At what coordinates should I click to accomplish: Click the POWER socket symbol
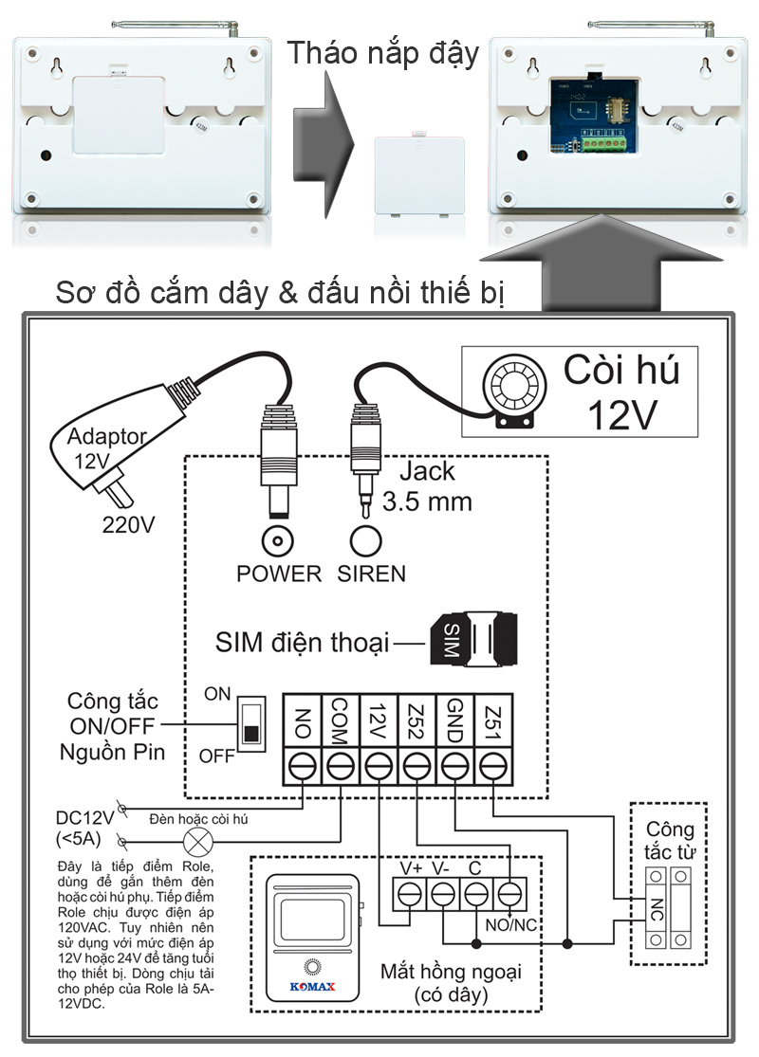tap(277, 541)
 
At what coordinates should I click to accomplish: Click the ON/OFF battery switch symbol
tap(251, 723)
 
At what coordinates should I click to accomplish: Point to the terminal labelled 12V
tap(379, 765)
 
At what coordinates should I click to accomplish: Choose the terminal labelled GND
tap(454, 765)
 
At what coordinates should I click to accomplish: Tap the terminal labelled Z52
tap(417, 765)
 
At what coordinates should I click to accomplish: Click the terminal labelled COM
tap(341, 765)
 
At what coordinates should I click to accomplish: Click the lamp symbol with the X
tap(198, 840)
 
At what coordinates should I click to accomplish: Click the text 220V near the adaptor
tap(128, 523)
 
